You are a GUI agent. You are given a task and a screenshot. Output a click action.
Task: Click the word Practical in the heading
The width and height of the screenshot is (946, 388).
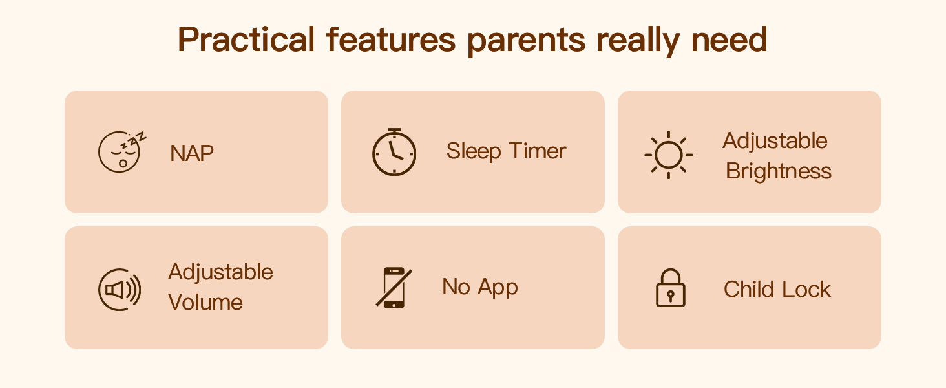(x=246, y=39)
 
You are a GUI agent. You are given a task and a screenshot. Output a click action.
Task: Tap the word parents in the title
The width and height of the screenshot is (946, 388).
(x=526, y=41)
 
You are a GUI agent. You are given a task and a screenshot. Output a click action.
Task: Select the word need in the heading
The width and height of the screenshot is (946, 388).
(x=729, y=39)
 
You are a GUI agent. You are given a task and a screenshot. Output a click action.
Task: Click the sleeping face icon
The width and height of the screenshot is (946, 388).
(x=121, y=151)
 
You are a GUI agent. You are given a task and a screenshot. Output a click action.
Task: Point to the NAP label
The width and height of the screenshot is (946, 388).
(x=192, y=153)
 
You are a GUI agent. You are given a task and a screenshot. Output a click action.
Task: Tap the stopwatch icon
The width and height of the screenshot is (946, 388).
(x=394, y=152)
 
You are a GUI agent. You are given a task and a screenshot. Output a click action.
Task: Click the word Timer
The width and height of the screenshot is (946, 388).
(x=537, y=151)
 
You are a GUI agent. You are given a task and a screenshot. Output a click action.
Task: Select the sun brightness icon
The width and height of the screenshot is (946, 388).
(x=669, y=155)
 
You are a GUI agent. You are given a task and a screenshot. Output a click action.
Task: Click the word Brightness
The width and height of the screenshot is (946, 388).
(x=779, y=171)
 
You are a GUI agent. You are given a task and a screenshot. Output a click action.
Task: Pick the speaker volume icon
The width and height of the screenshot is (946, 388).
(x=120, y=290)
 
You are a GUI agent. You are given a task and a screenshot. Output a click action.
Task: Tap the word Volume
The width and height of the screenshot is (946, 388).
(x=205, y=302)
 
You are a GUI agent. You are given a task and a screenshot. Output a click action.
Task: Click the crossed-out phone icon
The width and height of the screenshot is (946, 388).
(x=394, y=287)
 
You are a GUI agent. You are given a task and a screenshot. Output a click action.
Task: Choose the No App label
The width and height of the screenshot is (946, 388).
(x=480, y=287)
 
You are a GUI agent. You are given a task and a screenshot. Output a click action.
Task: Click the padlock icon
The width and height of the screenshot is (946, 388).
(x=670, y=288)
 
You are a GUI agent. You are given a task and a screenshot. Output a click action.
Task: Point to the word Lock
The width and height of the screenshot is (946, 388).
(x=806, y=290)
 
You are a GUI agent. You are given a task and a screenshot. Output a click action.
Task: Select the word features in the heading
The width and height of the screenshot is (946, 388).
(x=391, y=39)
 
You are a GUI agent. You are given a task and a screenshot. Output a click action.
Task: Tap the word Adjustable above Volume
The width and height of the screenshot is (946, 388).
(x=220, y=272)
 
